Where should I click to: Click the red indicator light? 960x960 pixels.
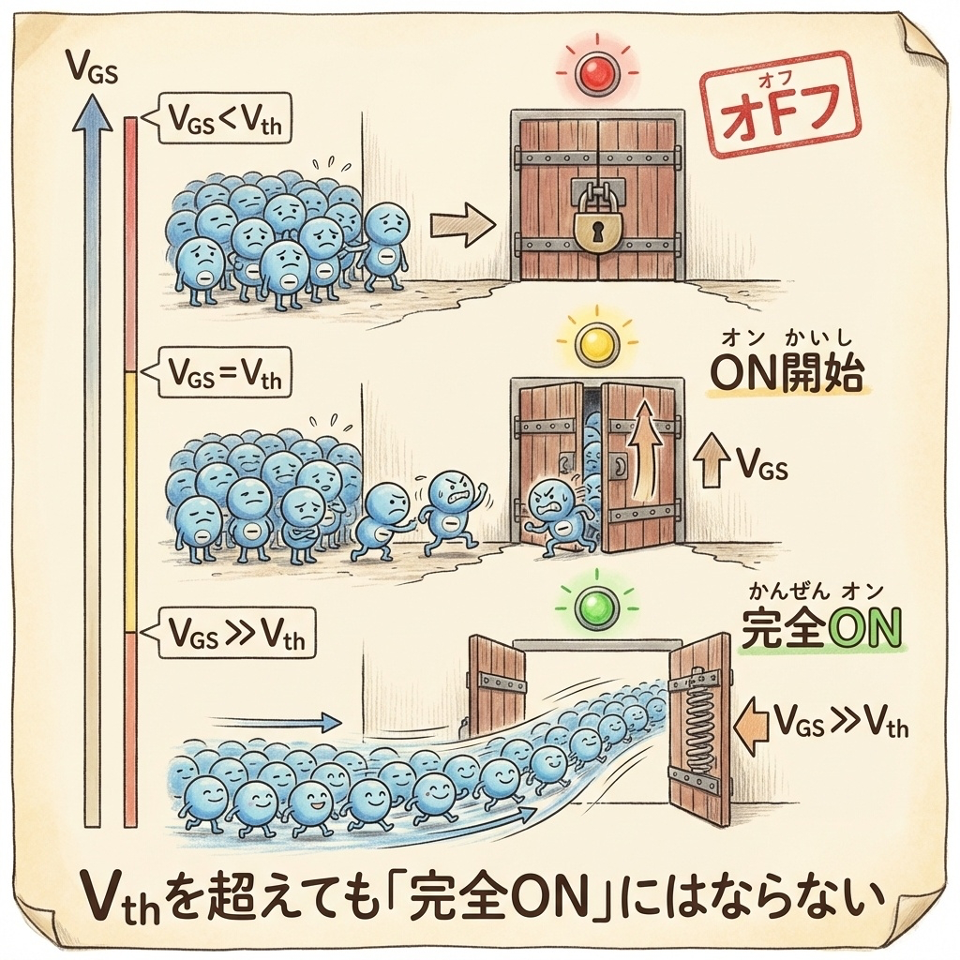tap(596, 72)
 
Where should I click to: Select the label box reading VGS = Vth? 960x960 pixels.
tap(225, 375)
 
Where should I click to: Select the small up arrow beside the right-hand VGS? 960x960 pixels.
tap(712, 461)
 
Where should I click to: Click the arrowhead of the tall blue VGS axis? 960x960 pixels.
tap(92, 117)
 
